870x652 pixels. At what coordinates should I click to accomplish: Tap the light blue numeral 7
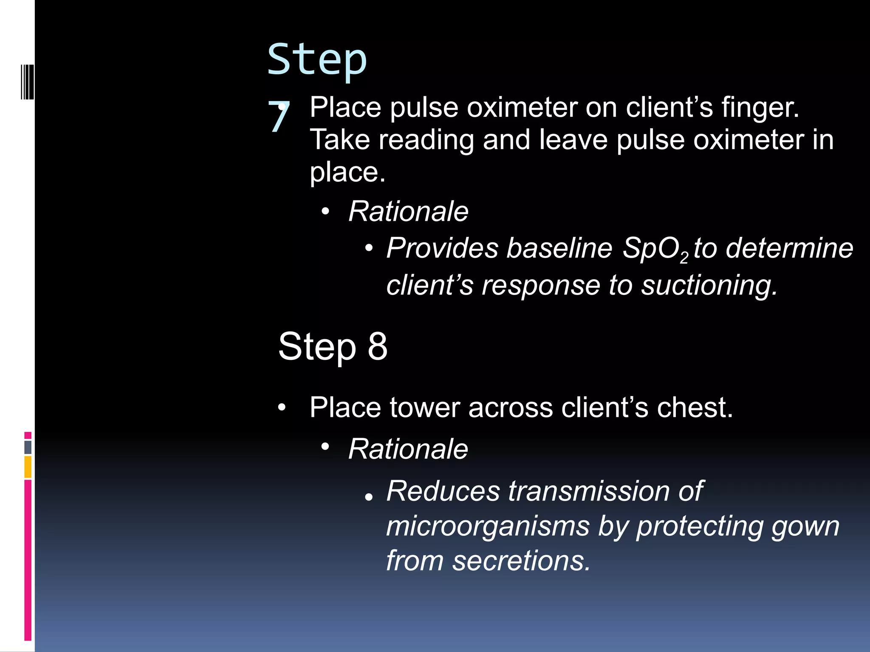point(278,117)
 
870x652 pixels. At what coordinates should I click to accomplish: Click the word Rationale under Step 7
point(408,211)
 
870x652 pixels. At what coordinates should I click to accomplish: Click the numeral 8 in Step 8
point(378,346)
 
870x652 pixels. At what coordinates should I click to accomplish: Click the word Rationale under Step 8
point(408,449)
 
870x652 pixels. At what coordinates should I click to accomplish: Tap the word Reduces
point(443,491)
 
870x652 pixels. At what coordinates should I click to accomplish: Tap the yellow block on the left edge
point(28,467)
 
